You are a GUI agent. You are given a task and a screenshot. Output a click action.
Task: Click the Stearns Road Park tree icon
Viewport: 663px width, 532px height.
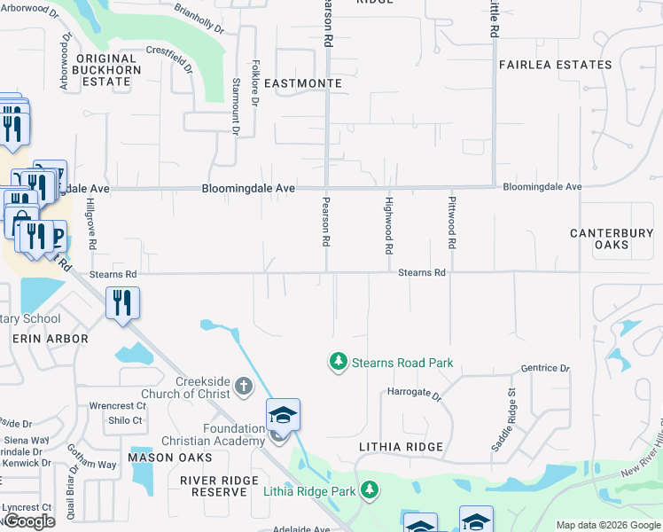pos(337,362)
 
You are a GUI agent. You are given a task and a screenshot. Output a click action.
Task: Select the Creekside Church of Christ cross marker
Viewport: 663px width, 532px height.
pos(244,387)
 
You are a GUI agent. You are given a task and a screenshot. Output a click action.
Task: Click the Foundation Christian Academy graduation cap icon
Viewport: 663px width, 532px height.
pos(283,416)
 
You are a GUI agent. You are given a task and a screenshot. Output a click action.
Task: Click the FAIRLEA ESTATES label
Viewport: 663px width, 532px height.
pos(555,65)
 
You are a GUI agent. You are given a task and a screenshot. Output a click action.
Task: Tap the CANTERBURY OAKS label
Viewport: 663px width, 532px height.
pos(612,239)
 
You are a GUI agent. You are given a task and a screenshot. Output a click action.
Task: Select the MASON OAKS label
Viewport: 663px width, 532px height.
pos(170,458)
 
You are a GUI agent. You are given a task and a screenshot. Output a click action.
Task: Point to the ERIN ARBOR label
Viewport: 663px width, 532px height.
pos(50,339)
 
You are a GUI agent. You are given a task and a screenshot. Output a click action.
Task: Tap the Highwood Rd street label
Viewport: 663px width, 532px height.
pos(388,224)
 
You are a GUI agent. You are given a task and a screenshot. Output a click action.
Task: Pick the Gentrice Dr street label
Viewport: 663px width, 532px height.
pos(546,368)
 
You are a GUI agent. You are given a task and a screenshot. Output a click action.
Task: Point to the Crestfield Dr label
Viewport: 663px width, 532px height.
pos(171,59)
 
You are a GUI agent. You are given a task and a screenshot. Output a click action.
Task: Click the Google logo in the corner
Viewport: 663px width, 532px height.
pos(29,521)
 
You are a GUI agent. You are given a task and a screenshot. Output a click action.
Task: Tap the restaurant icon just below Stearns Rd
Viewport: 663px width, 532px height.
pos(122,303)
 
